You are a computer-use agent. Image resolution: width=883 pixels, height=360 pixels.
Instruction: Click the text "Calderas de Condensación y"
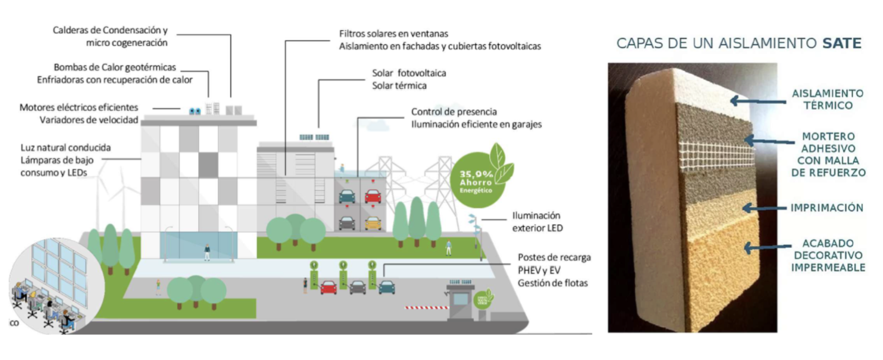[x=110, y=30]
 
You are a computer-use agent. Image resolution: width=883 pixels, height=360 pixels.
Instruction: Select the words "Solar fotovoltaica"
[x=409, y=73]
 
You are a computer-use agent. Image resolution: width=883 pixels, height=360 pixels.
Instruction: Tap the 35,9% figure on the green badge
[x=476, y=174]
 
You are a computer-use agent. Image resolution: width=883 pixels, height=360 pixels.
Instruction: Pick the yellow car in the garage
[x=373, y=223]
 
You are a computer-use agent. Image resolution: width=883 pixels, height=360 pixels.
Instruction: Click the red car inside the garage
[x=373, y=196]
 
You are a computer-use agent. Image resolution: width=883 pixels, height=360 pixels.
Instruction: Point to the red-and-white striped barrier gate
[x=426, y=308]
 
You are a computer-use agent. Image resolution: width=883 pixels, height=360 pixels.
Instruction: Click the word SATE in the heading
[x=841, y=44]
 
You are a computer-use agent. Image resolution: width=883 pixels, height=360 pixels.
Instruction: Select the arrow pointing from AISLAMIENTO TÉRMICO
[x=757, y=101]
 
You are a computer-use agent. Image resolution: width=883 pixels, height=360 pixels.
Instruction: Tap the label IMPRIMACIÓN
[x=827, y=208]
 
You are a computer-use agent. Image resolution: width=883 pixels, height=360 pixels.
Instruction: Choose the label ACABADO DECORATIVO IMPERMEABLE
[x=828, y=255]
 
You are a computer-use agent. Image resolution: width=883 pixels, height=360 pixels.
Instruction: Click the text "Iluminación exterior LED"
[x=537, y=222]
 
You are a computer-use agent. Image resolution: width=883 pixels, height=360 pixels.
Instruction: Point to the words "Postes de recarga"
[x=554, y=258]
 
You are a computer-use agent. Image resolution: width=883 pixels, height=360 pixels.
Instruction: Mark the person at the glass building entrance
[x=207, y=252]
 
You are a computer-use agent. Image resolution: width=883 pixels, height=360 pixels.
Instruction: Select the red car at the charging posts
[x=328, y=287]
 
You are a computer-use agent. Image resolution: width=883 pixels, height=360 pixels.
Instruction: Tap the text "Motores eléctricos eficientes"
[x=79, y=107]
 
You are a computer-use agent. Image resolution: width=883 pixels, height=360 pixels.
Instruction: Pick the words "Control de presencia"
[x=454, y=112]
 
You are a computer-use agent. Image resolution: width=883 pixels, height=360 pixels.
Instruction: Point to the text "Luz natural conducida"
[x=65, y=147]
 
